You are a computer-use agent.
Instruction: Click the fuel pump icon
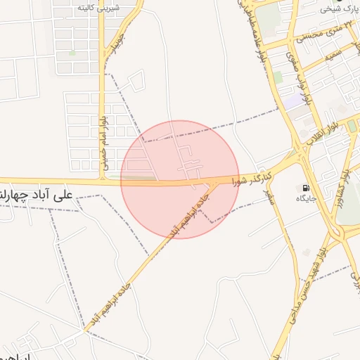click(x=304, y=188)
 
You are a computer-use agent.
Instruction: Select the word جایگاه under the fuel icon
click(x=305, y=199)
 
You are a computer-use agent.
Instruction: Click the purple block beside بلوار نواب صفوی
click(x=290, y=103)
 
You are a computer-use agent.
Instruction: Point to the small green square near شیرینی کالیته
click(x=72, y=52)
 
